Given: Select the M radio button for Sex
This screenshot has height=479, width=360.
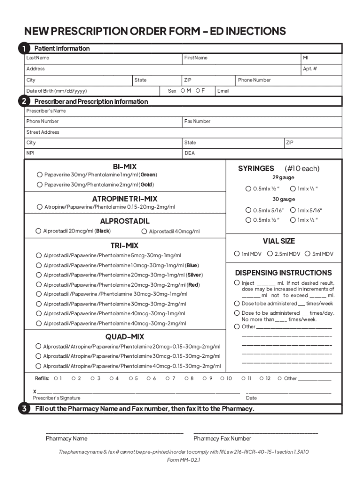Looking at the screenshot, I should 183,91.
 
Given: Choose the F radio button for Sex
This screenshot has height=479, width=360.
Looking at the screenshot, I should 198,91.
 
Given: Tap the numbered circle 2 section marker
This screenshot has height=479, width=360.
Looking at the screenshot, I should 23,102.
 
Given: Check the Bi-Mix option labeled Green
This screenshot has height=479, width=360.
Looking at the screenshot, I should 40,175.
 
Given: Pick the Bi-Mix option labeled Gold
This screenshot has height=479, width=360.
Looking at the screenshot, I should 40,185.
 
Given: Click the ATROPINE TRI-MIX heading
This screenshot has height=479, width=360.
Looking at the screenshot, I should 124,198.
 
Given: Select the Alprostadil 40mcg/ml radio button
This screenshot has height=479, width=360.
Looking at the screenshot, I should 144,232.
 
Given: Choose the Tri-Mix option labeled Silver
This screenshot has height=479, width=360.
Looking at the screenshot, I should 39,275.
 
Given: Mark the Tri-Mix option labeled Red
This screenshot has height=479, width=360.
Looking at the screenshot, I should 39,285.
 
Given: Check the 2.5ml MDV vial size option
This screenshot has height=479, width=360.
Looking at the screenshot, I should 270,254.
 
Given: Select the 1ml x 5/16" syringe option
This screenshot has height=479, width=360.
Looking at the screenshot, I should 293,210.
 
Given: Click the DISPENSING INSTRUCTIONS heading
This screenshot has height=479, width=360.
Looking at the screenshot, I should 283,273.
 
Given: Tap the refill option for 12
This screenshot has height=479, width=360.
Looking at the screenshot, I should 262,378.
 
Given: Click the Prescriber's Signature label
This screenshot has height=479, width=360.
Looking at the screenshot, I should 57,398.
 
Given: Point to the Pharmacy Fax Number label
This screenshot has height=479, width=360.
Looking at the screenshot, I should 222,438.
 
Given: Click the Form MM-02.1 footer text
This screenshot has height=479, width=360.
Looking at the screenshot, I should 183,460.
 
